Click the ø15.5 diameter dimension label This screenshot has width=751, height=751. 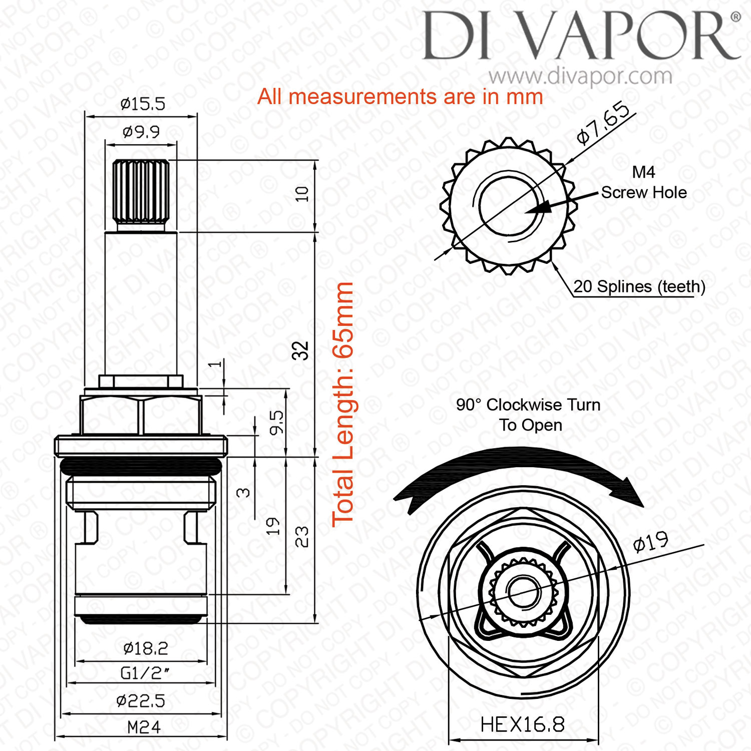click(143, 104)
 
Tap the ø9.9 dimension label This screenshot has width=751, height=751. click(141, 132)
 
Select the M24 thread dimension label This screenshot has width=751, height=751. click(144, 727)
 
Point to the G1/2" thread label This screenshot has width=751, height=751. click(145, 673)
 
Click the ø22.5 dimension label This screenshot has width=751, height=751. click(141, 700)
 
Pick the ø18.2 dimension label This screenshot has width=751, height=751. click(146, 649)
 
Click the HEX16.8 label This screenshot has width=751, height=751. click(522, 724)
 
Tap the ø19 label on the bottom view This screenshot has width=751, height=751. click(651, 541)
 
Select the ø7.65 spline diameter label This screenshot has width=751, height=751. click(603, 123)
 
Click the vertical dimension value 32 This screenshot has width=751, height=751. click(301, 350)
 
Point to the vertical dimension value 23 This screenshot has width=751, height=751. click(301, 537)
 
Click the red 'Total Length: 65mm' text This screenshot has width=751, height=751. click(343, 404)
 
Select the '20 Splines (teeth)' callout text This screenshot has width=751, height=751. click(639, 286)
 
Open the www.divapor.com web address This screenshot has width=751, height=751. click(581, 76)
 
